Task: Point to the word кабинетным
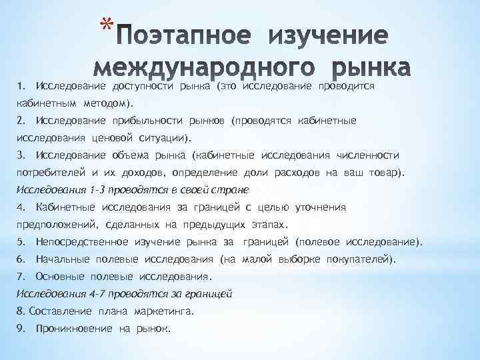click(46, 104)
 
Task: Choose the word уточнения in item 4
click(317, 207)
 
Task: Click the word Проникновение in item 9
click(74, 329)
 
